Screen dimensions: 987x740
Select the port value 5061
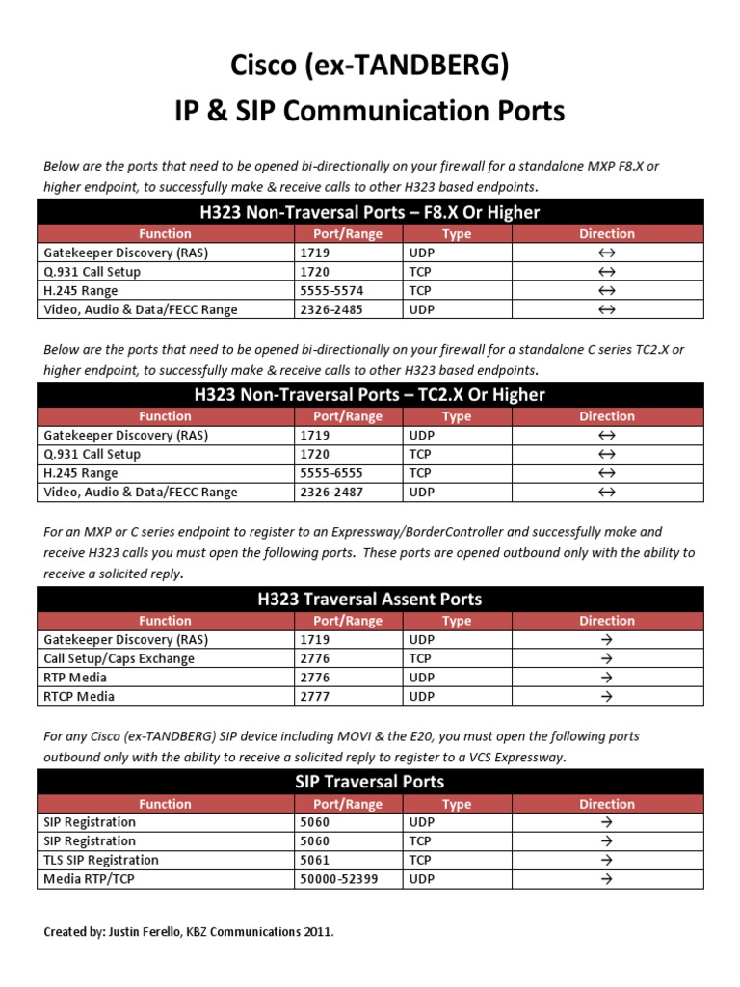coord(316,860)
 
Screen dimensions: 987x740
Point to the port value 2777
coord(316,696)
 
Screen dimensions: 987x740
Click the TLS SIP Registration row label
coord(101,860)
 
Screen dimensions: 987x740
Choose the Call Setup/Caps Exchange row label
coord(119,658)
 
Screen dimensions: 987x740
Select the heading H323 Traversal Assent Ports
coord(370,599)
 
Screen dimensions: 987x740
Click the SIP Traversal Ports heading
coord(370,782)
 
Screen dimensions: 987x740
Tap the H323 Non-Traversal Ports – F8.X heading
coord(370,212)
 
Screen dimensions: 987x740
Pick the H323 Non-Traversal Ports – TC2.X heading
coord(370,395)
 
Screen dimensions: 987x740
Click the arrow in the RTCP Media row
coord(607,696)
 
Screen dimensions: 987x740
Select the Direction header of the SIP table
coord(607,804)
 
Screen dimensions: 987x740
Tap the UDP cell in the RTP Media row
coord(422,678)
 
